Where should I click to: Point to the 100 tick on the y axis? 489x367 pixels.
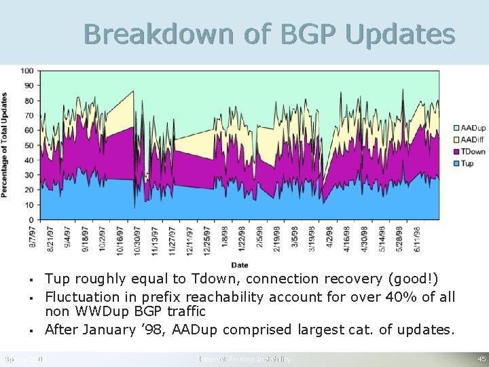pyautogui.click(x=27, y=71)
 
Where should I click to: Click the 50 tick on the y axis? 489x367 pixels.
pyautogui.click(x=29, y=145)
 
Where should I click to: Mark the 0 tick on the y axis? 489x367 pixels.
pyautogui.click(x=31, y=220)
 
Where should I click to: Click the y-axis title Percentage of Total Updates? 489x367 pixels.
pyautogui.click(x=5, y=145)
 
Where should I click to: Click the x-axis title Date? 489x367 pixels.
pyautogui.click(x=240, y=264)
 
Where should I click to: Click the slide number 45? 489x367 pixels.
pyautogui.click(x=481, y=359)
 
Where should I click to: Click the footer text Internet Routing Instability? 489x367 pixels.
pyautogui.click(x=244, y=359)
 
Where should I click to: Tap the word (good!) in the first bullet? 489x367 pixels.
pyautogui.click(x=412, y=279)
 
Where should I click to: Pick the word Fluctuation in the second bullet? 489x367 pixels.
pyautogui.click(x=80, y=297)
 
